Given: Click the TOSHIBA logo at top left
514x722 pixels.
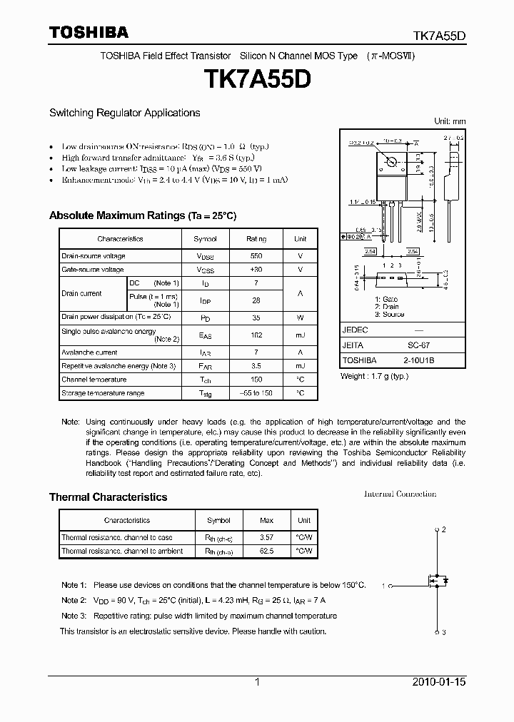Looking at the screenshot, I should (x=89, y=32).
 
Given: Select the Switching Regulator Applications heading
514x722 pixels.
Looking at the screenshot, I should (x=124, y=113).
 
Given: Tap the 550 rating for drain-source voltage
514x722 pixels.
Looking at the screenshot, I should (x=256, y=256).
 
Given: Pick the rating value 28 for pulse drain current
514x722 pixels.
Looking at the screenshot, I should (x=256, y=300).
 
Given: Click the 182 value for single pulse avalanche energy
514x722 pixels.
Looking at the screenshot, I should (x=256, y=335).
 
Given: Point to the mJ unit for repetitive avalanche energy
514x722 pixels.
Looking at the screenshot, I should (x=301, y=366).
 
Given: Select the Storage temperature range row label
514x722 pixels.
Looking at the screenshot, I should (x=103, y=393).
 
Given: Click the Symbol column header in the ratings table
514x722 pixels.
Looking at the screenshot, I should (x=206, y=239).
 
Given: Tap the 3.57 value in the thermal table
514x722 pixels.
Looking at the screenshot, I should (x=266, y=537).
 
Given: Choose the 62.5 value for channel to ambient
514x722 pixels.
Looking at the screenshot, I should (x=266, y=551).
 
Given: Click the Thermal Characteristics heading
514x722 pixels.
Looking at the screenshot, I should (x=108, y=497).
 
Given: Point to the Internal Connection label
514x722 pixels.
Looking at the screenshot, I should (x=400, y=494).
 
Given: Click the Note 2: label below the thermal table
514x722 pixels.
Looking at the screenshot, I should (x=74, y=600).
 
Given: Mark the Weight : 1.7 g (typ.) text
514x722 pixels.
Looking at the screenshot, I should (x=374, y=376).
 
